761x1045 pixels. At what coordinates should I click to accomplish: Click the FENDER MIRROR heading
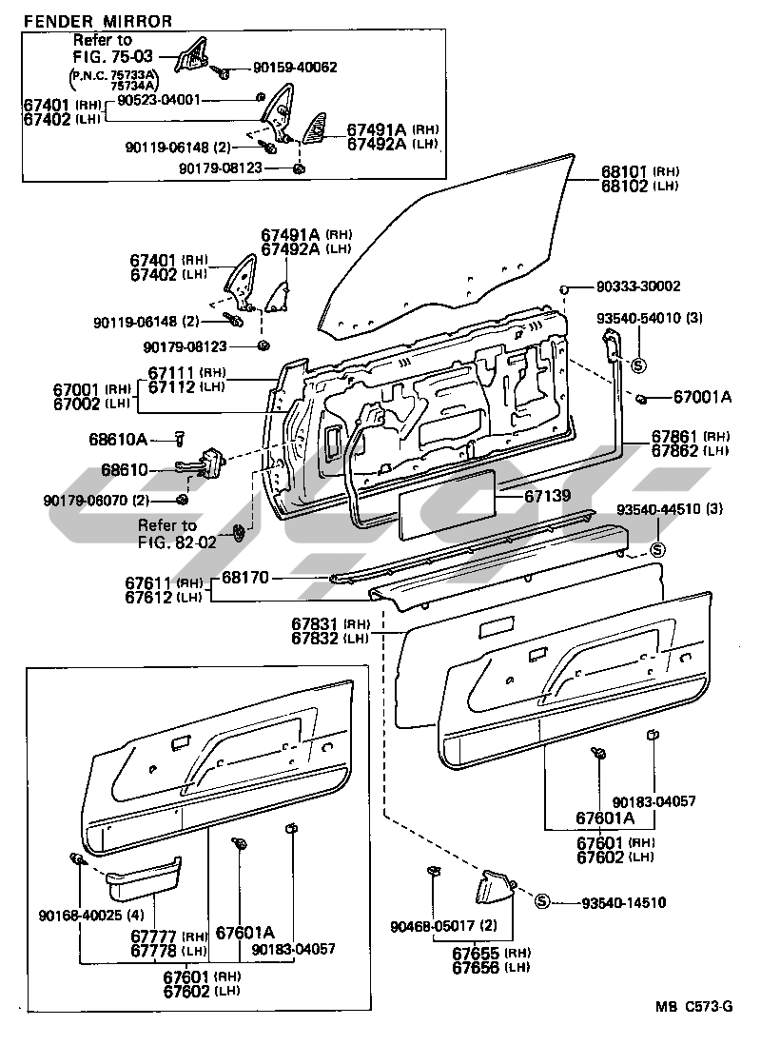[x=98, y=20]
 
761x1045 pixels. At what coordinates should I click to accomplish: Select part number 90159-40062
[x=296, y=68]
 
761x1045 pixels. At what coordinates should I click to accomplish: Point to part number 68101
[x=623, y=172]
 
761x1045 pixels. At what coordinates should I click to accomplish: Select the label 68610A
[x=145, y=439]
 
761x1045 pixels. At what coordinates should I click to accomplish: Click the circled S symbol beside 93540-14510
[x=541, y=902]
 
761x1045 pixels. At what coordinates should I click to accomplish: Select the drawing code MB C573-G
[x=693, y=1007]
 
